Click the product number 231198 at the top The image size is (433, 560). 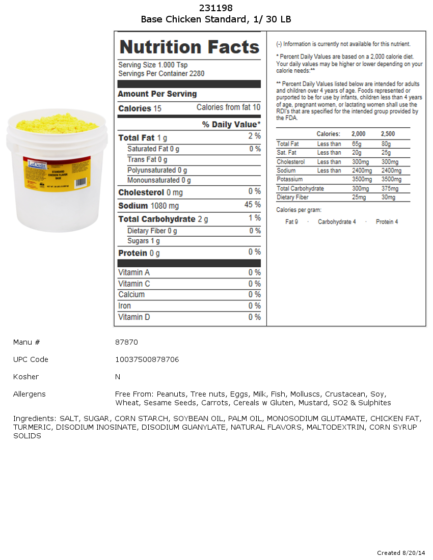(x=216, y=8)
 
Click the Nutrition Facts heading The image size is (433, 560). (x=189, y=47)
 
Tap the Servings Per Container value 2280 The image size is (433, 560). (x=197, y=74)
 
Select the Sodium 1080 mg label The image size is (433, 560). (x=148, y=206)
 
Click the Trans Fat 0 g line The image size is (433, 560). (x=147, y=160)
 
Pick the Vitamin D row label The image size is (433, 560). (x=134, y=317)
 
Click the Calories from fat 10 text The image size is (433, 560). (x=228, y=107)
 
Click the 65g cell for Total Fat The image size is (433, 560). (x=356, y=144)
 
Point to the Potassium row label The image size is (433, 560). (x=289, y=179)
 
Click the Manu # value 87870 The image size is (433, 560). (x=126, y=342)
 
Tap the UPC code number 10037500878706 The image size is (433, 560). (x=147, y=359)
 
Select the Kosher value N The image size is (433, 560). (x=118, y=377)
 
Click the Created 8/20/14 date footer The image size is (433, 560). (x=401, y=553)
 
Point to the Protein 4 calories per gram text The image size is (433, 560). (x=387, y=222)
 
